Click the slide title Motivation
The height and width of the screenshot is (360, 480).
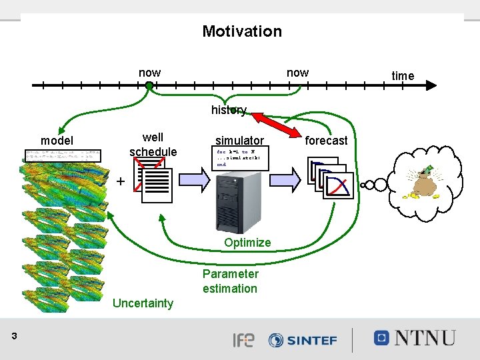(242, 31)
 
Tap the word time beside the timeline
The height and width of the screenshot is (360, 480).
(403, 76)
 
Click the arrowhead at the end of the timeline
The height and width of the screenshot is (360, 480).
(431, 85)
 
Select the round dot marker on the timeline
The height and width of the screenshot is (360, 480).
(149, 85)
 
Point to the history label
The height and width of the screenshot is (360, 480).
(229, 110)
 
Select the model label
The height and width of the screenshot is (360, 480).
(57, 141)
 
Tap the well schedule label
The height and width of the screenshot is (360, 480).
(153, 145)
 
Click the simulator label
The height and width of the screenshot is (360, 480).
(239, 141)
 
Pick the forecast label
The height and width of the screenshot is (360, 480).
(326, 141)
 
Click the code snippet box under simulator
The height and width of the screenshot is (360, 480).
(240, 158)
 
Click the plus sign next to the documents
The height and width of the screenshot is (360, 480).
(120, 181)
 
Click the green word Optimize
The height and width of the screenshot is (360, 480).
(247, 243)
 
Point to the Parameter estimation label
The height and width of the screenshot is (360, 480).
(230, 281)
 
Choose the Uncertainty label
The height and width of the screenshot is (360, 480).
(143, 304)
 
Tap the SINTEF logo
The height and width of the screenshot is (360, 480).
(303, 340)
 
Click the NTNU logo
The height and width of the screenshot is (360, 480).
(415, 338)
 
